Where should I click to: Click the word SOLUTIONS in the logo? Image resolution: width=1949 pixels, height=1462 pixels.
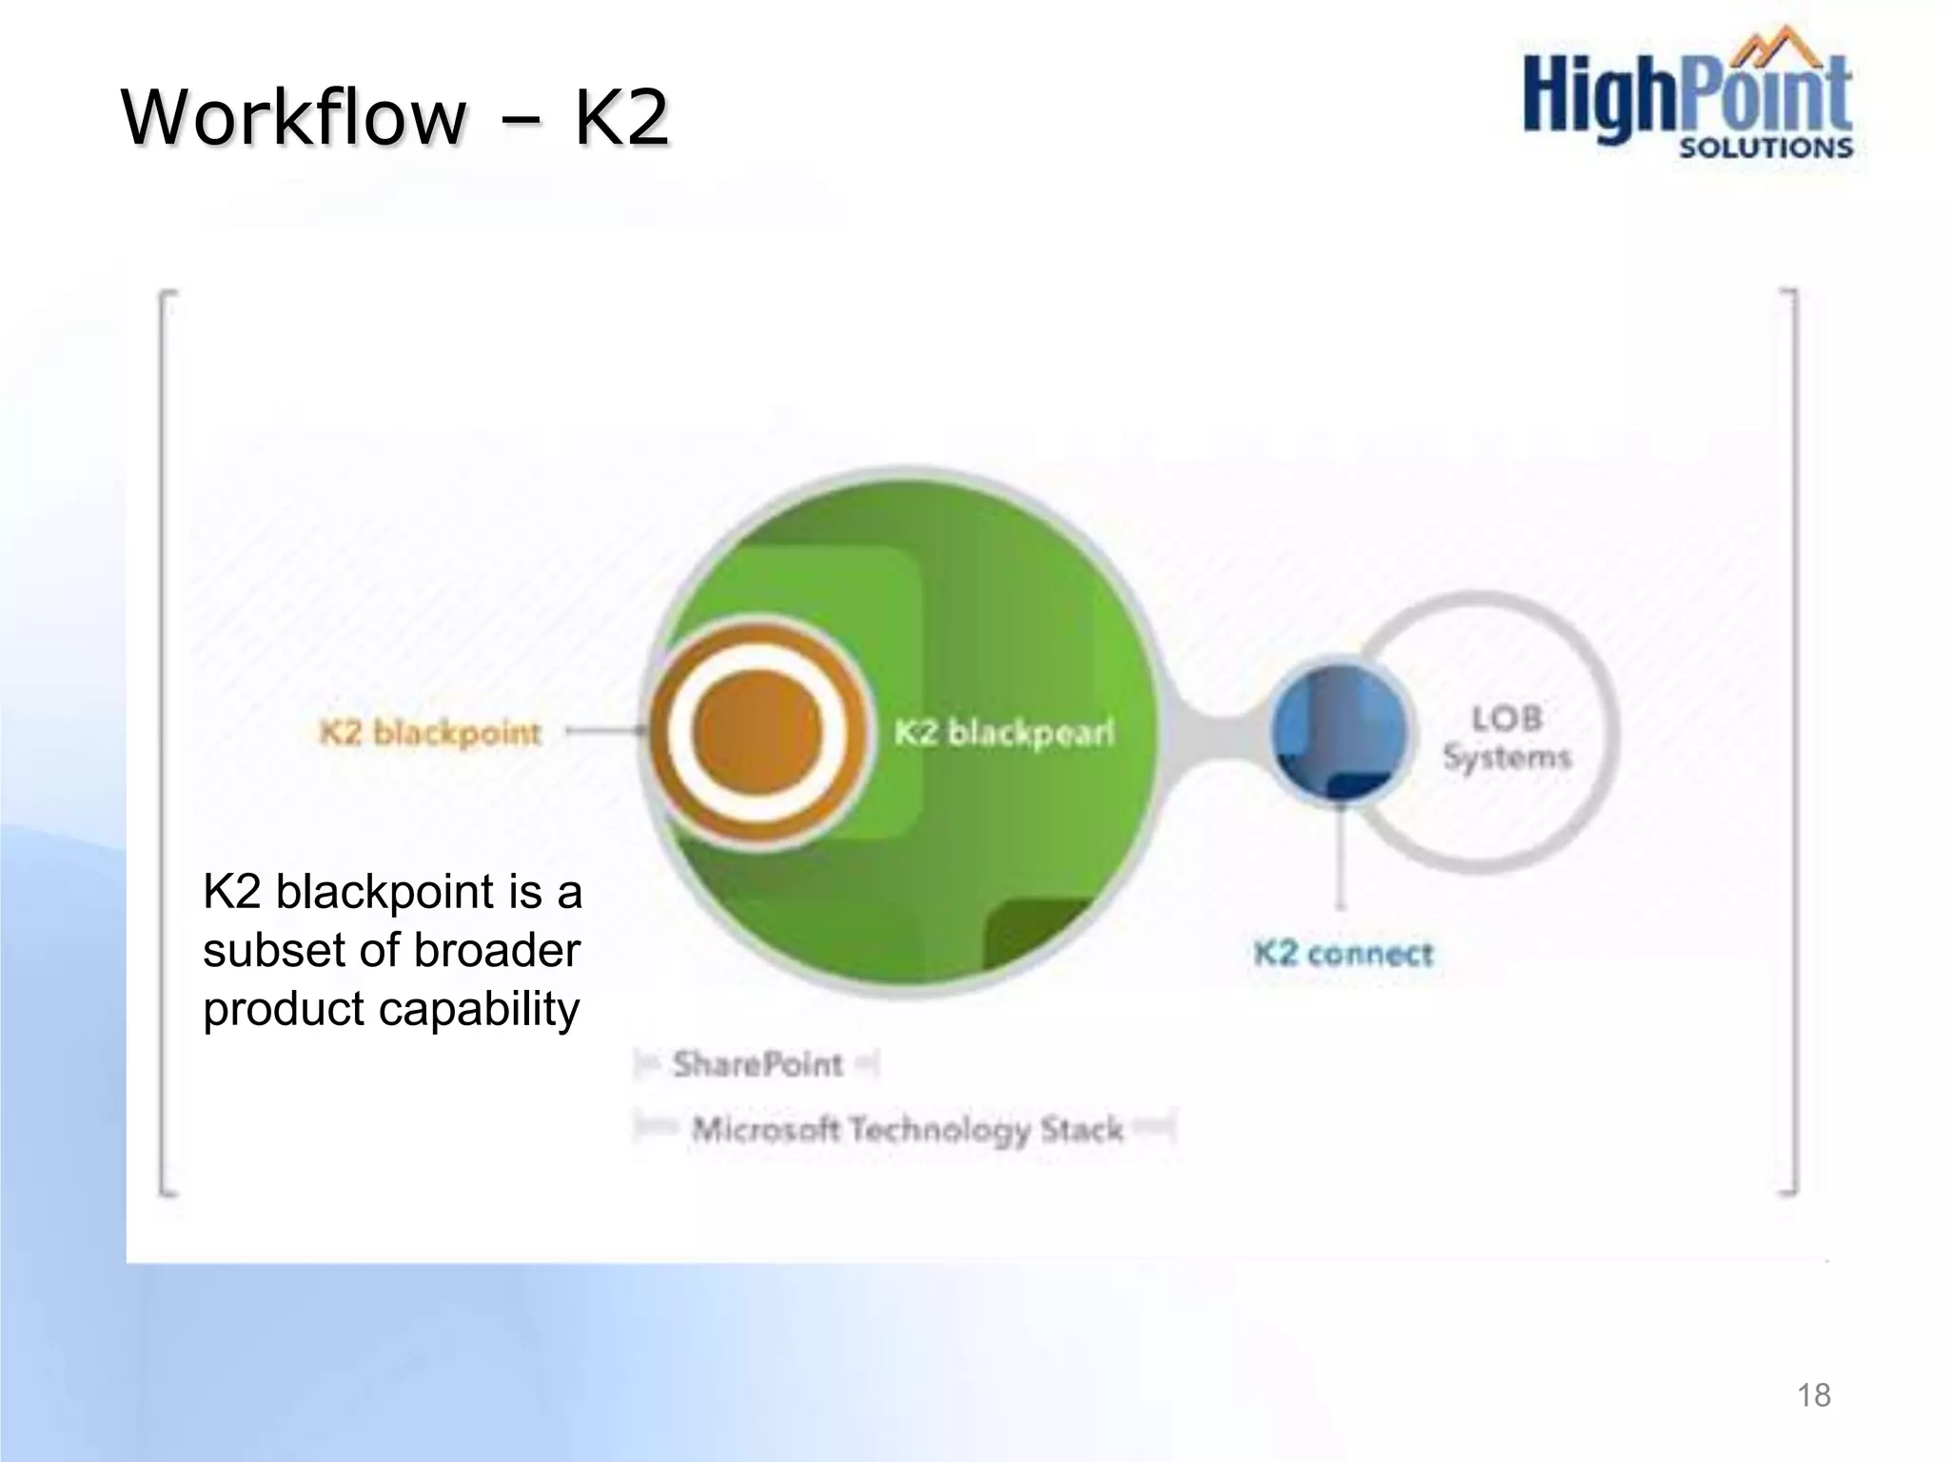coord(1765,148)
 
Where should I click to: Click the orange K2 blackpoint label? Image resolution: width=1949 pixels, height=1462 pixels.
coord(430,733)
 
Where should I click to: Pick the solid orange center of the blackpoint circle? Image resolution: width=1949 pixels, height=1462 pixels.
coord(758,732)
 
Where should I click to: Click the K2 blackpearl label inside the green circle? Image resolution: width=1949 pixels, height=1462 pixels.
coord(1003,733)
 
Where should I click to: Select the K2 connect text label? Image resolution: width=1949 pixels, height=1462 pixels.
coord(1343,953)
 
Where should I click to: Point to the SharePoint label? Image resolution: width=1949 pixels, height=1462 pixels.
coord(758,1064)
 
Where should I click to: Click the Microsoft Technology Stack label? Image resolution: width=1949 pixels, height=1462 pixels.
coord(907,1130)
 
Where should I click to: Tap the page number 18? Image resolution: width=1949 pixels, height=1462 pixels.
coord(1813,1394)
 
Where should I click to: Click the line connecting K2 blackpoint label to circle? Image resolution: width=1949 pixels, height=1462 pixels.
coord(603,731)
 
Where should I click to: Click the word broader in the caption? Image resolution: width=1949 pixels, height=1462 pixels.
coord(497,950)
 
